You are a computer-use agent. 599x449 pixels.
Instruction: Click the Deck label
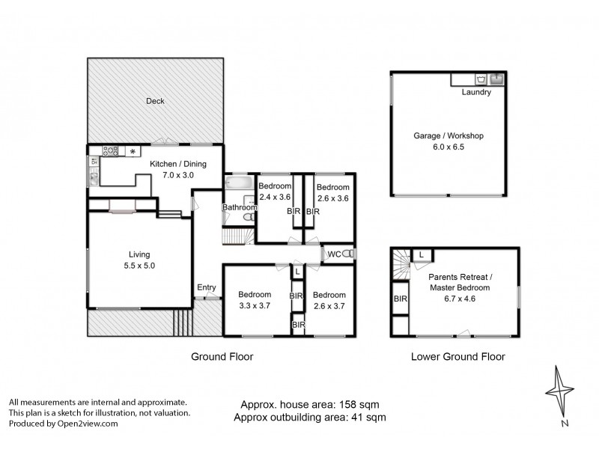coord(155,101)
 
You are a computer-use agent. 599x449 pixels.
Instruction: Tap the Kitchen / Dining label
coord(177,164)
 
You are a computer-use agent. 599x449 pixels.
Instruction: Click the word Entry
coord(206,287)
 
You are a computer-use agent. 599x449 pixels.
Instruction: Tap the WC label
coord(334,254)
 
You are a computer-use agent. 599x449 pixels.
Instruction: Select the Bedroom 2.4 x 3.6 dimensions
coord(274,198)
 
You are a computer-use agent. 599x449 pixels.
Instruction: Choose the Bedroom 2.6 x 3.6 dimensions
coord(332,198)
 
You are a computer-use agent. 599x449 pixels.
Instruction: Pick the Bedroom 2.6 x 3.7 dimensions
coord(329,305)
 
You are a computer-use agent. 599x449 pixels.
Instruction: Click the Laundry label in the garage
coord(476,93)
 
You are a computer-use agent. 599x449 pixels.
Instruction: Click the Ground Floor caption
coord(222,357)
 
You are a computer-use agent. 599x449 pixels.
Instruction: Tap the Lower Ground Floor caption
coord(458,357)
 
